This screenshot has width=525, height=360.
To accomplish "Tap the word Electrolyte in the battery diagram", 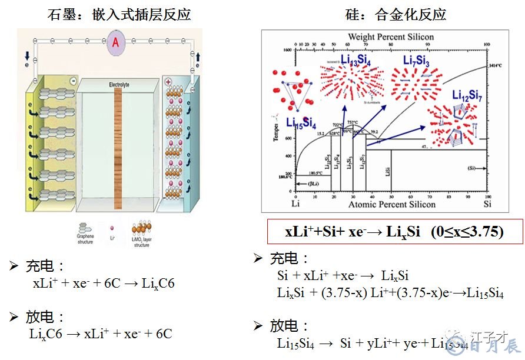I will [119, 85].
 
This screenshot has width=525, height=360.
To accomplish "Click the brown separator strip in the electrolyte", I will [118, 147].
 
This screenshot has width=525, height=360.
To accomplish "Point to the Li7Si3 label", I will [416, 61].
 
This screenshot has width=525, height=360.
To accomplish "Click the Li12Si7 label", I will [467, 95].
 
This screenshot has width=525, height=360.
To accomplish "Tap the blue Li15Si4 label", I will [301, 123].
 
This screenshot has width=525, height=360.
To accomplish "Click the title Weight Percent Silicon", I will [391, 37].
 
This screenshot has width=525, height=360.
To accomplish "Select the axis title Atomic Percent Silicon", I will [391, 204].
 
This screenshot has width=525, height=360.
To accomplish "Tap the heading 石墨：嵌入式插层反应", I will [119, 14].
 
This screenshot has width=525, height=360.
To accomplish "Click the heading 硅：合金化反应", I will [395, 14].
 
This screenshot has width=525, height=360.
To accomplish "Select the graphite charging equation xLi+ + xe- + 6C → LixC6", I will [104, 283].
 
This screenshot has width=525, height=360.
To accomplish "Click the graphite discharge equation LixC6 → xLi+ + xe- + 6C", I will [101, 334].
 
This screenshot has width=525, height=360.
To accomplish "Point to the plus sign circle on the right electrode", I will [168, 82].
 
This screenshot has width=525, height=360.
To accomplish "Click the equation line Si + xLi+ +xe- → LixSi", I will [343, 275].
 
